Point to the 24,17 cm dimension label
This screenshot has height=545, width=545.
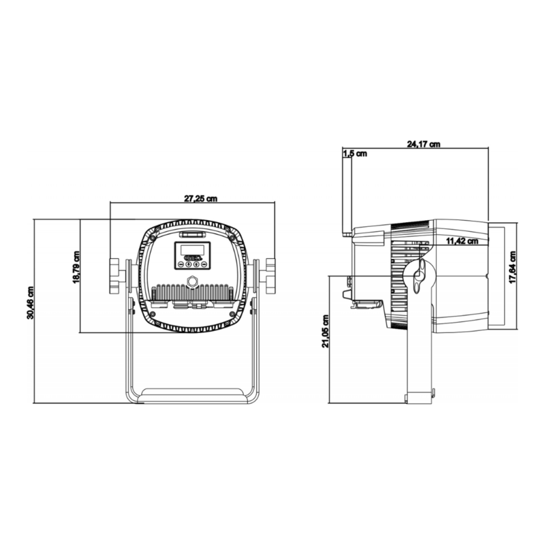click(x=423, y=144)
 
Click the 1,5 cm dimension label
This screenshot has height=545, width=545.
click(x=356, y=154)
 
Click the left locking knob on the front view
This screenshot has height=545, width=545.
click(x=114, y=275)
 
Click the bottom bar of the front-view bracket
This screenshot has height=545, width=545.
click(x=193, y=394)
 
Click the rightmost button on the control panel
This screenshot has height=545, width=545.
click(x=204, y=263)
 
